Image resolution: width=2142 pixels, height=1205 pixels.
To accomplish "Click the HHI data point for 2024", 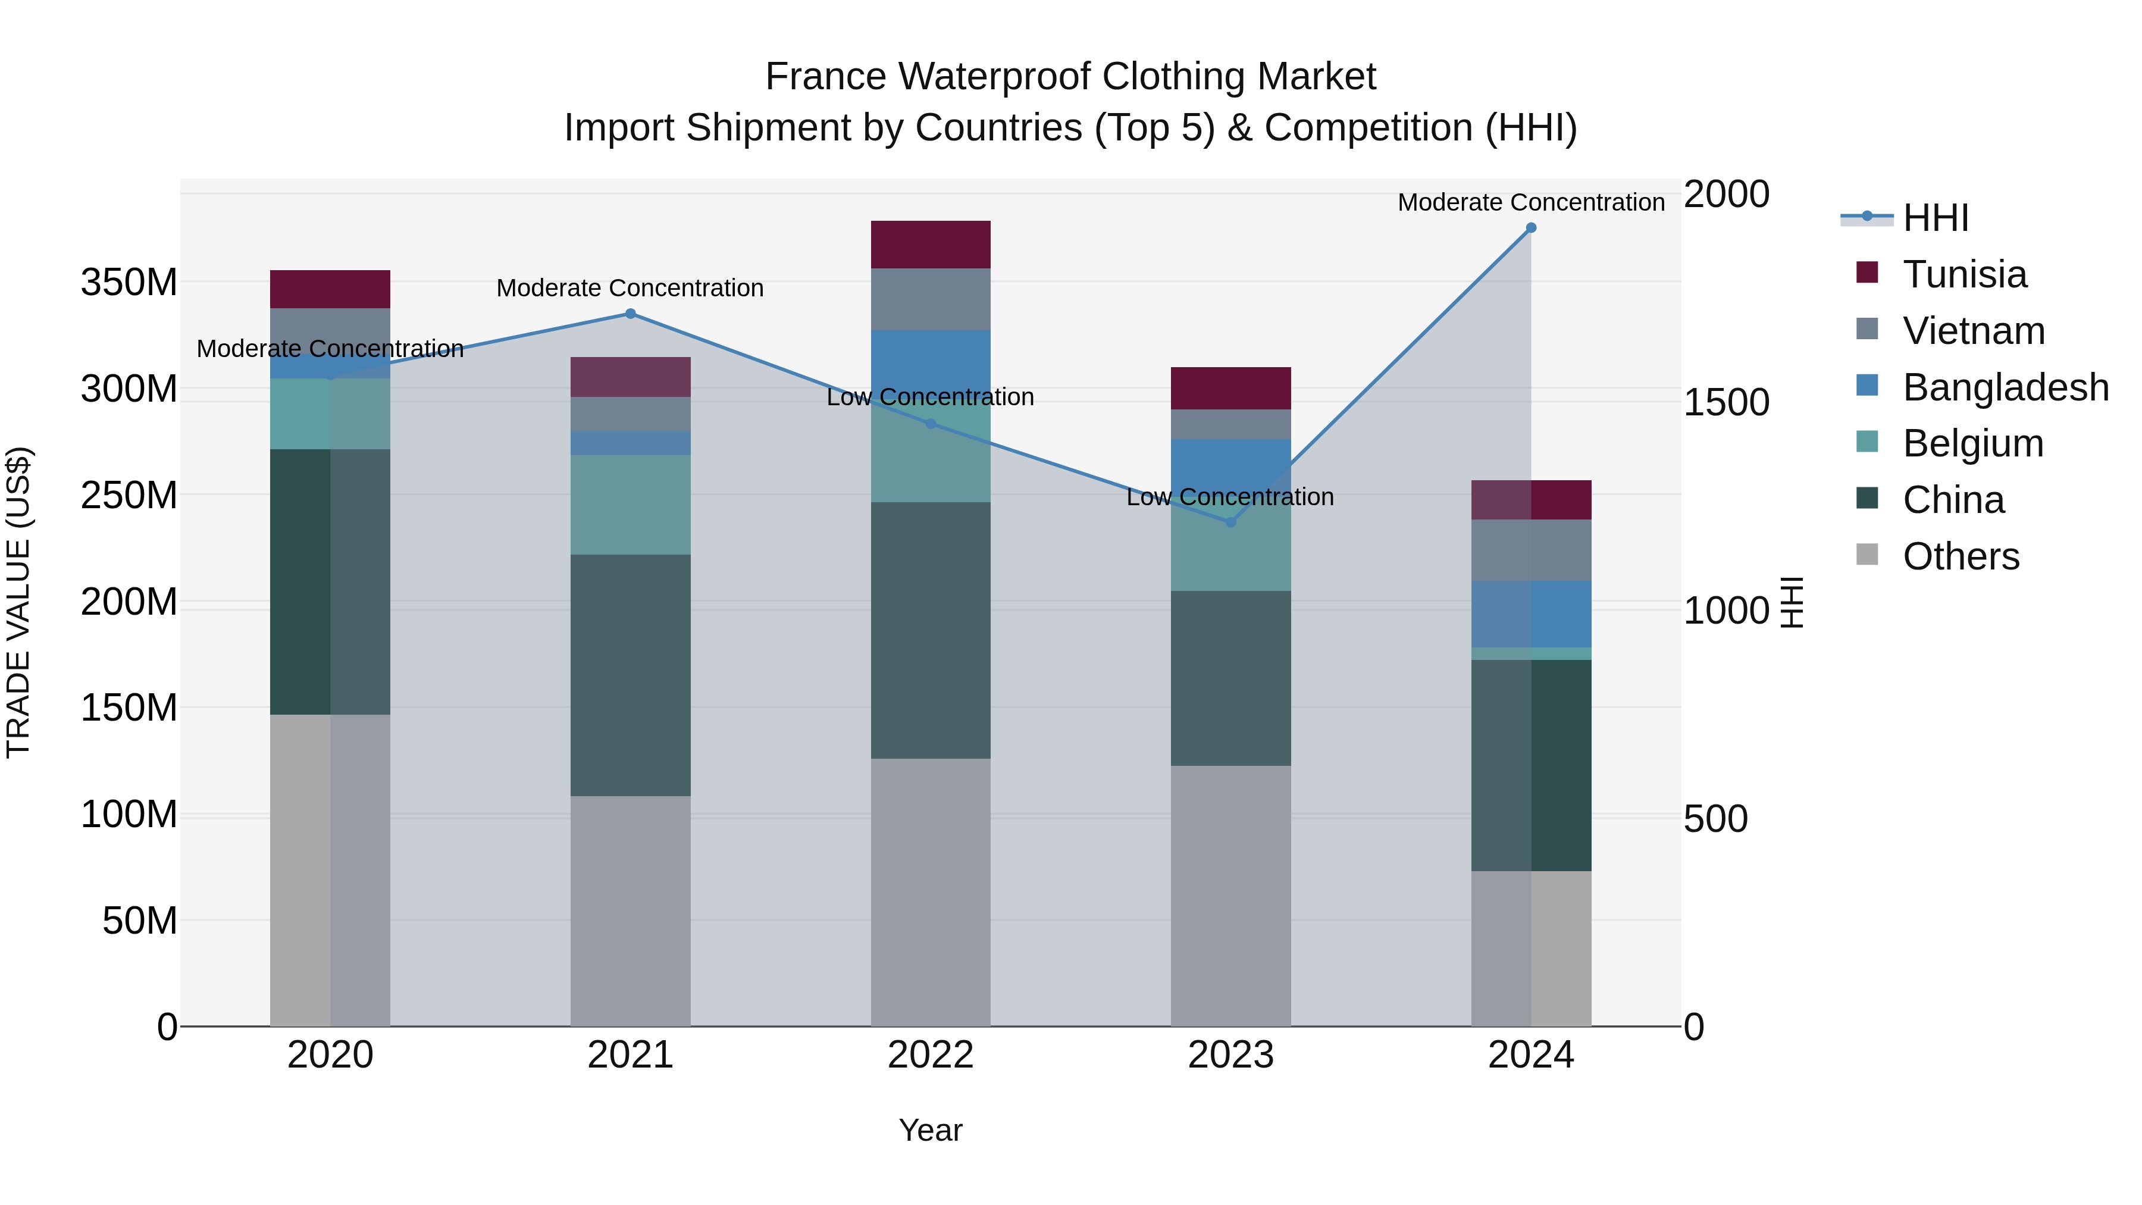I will click(x=1531, y=228).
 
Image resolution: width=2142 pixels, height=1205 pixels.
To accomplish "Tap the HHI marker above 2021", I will click(x=630, y=314).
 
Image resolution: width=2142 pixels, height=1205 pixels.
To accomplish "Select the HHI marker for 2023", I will click(x=1230, y=522).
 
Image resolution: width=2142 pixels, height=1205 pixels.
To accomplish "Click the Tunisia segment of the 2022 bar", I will click(x=931, y=245).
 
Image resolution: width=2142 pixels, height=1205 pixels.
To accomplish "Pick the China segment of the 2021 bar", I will click(x=630, y=675).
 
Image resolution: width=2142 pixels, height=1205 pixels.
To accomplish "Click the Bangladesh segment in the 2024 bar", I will click(x=1531, y=614).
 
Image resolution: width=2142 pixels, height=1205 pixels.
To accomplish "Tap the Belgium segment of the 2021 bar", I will click(x=630, y=505).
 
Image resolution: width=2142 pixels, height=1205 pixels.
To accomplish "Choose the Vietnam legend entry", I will click(x=1973, y=331).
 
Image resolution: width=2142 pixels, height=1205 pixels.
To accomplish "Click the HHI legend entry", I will click(x=1935, y=218).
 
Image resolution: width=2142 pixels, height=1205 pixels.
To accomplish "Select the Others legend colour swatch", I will click(x=1867, y=555).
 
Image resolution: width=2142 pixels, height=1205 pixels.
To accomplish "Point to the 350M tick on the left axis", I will click(x=129, y=283).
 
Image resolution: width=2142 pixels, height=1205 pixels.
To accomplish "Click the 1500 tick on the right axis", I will click(x=1726, y=402).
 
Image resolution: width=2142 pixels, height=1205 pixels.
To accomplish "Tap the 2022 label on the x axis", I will click(x=931, y=1055).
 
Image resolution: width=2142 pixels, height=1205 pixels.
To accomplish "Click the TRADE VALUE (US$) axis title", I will click(x=18, y=602).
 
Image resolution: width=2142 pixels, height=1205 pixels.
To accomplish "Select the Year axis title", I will click(x=931, y=1130).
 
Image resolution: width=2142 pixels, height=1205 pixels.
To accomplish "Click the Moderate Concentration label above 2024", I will click(x=1531, y=202).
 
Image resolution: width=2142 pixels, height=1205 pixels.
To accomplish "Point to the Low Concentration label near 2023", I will click(x=1230, y=497).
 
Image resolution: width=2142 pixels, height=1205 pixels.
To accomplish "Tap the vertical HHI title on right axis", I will click(x=1792, y=602).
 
